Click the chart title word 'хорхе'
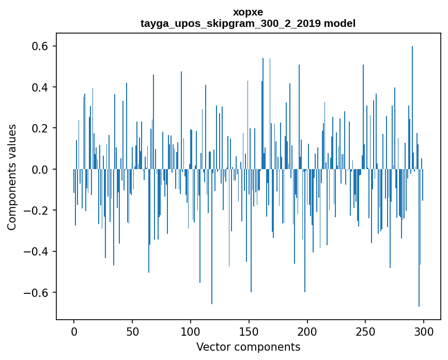(248, 12)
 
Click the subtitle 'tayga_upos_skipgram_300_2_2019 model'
(248, 23)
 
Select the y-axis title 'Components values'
(12, 177)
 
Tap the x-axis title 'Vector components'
(248, 347)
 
